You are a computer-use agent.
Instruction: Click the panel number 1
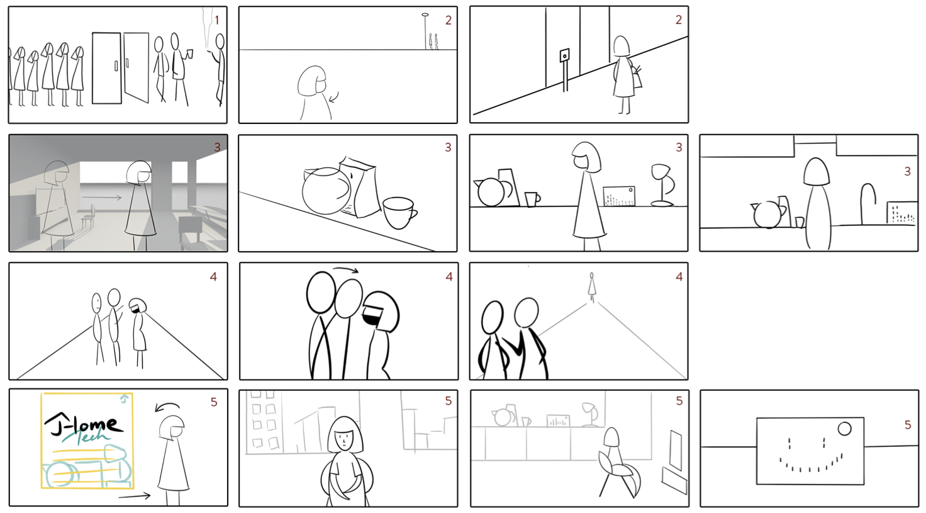pos(216,20)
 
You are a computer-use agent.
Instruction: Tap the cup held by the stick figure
pos(190,54)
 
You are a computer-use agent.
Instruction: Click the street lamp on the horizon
pos(425,31)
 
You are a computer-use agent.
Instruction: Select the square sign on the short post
pos(564,55)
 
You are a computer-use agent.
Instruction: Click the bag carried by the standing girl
pos(637,77)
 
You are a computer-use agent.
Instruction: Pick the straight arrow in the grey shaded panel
pos(102,198)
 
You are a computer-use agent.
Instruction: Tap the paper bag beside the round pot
pos(359,186)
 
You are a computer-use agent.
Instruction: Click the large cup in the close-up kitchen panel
pos(399,213)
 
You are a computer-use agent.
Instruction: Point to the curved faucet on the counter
pos(869,203)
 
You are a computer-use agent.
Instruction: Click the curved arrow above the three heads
pos(345,270)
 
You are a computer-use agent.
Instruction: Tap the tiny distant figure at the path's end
pos(592,286)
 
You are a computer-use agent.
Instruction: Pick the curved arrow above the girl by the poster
pos(167,407)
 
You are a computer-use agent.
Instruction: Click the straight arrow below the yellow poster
pos(135,495)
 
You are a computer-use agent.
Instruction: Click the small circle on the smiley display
pos(844,429)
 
